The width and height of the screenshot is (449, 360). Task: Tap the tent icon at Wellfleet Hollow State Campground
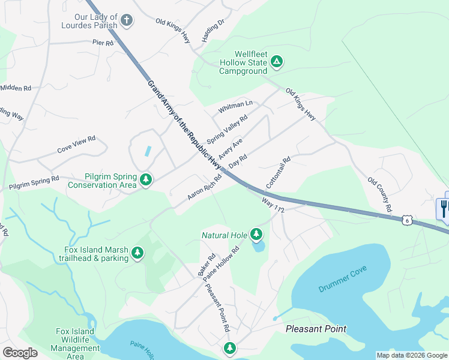277,61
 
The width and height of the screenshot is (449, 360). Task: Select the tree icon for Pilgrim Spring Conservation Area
145,179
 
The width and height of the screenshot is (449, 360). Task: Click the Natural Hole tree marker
257,234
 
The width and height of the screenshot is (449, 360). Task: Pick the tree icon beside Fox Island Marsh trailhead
138,253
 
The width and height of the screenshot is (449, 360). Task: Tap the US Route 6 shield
407,221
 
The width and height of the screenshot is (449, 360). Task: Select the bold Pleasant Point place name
316,329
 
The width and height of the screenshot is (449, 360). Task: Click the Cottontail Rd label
279,172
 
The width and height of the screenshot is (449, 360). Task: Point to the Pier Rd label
103,43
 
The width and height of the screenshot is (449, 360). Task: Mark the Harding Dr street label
213,31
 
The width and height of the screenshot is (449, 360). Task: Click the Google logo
20,353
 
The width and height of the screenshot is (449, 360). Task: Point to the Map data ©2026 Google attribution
411,355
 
